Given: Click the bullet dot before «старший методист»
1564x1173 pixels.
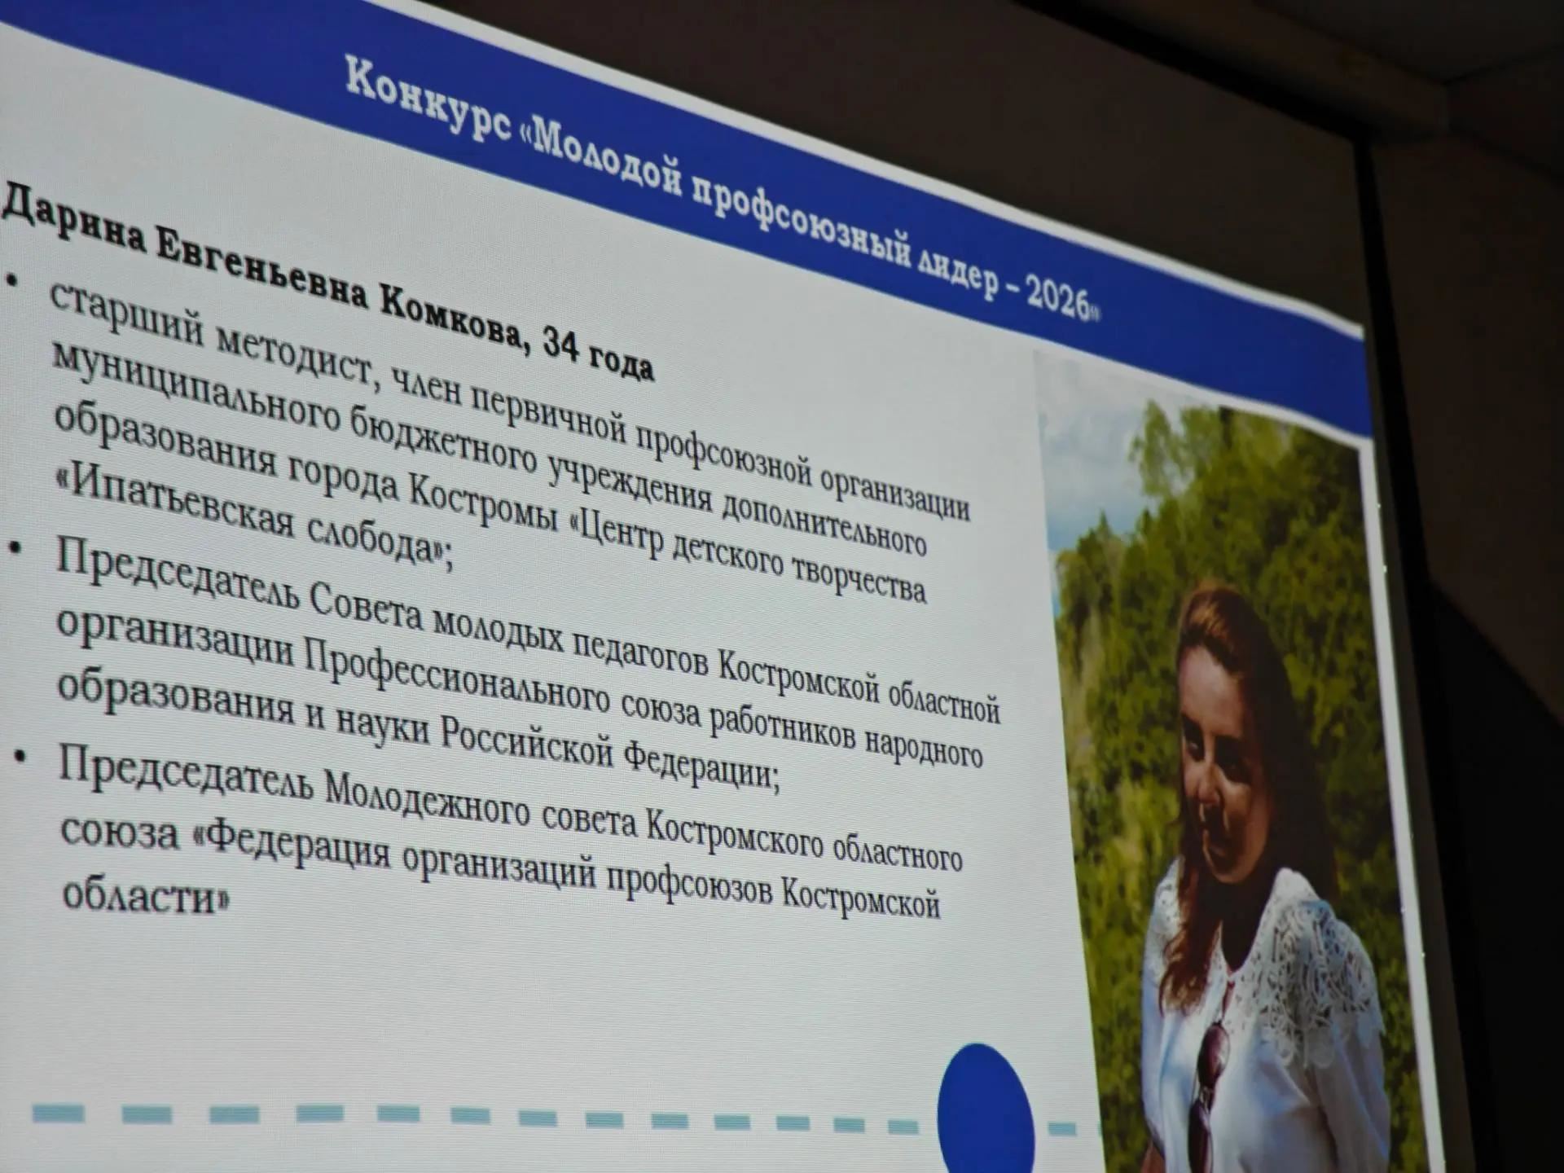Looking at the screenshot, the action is click(x=11, y=279).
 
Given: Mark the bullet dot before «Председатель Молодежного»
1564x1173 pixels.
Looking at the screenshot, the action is click(x=20, y=758).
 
